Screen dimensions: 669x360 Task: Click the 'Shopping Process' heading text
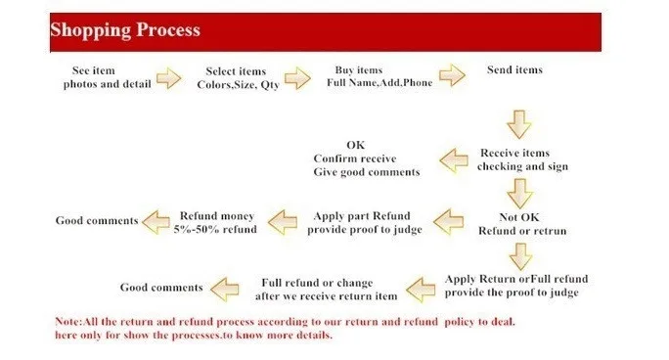(125, 30)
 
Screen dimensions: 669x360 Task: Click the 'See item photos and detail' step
(107, 77)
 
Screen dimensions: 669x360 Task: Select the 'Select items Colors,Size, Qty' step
(238, 78)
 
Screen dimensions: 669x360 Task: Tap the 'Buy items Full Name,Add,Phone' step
(379, 76)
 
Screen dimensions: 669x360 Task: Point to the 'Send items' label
(514, 69)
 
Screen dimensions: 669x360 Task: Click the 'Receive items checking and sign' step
(522, 159)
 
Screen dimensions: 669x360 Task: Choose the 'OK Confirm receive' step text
(355, 152)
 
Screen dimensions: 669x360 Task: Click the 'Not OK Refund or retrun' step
(522, 224)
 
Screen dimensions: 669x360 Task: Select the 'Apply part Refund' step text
(362, 216)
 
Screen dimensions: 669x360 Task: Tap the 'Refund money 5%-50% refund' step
(215, 222)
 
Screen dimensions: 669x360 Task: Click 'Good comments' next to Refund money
(97, 220)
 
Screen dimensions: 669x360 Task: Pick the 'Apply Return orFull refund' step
(516, 279)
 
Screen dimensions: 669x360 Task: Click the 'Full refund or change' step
(317, 283)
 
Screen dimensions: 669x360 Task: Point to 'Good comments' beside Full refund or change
(161, 288)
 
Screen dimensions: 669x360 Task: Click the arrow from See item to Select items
(168, 78)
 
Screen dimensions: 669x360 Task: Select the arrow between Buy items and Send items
(452, 75)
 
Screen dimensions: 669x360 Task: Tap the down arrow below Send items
(518, 124)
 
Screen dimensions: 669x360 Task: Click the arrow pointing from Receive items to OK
(454, 160)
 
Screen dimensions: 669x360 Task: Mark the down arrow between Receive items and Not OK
(519, 194)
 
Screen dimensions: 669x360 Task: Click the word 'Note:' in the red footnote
(69, 322)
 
